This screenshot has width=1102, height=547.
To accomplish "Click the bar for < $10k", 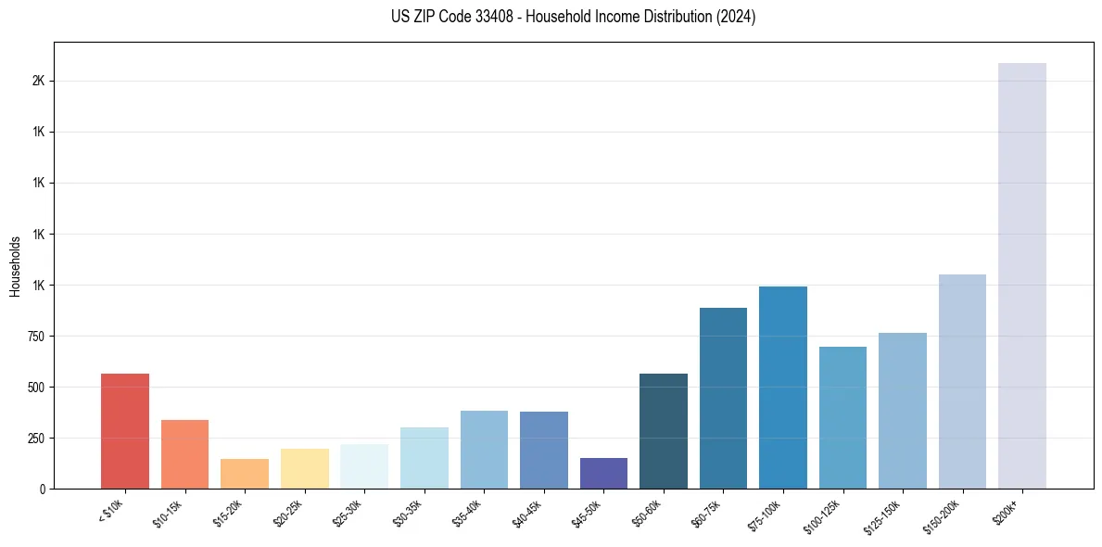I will point(125,431).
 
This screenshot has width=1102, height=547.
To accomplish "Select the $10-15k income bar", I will point(184,454).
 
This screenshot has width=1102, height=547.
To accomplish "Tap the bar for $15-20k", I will point(245,474).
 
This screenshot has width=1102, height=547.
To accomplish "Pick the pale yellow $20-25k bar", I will point(305,469).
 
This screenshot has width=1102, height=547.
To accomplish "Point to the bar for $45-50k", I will point(603,473).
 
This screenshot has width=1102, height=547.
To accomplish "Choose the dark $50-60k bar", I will point(664,431).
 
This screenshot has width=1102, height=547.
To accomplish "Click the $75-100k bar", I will point(783,388).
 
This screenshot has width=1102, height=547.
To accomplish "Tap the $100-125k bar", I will point(842,417).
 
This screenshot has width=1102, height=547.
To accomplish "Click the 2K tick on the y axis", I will point(38,82).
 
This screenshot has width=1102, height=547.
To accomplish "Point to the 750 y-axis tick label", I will point(36,337).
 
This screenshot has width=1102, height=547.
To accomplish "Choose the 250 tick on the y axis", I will point(36,439).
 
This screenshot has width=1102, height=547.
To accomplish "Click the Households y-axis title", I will point(15,266).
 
